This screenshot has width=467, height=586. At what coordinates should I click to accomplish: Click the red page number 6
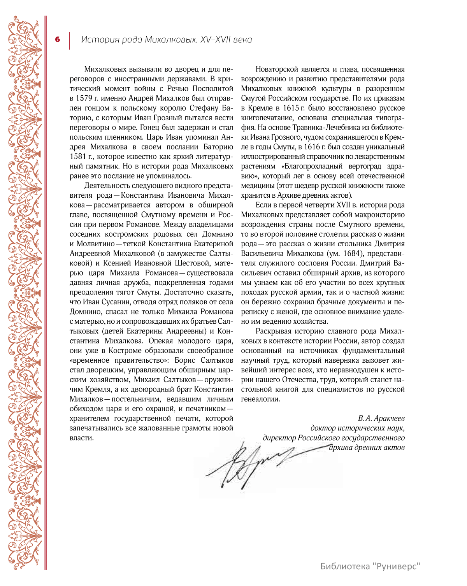click(58, 39)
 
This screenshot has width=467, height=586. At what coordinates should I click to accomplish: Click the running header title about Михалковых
click(166, 40)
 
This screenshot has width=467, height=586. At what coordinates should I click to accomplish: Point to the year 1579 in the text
click(84, 98)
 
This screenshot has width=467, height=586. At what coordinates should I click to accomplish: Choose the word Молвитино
click(95, 244)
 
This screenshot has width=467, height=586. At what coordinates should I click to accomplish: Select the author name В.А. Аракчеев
click(381, 419)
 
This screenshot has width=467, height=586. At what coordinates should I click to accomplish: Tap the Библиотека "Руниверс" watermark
click(370, 566)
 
